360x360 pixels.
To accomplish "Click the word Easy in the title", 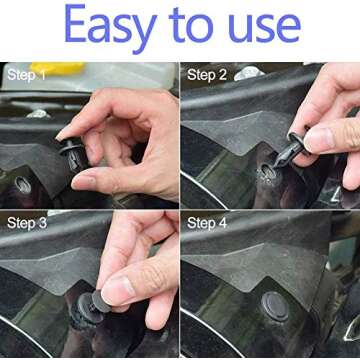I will point(109,29).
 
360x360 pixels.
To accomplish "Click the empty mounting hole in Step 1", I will point(21,186).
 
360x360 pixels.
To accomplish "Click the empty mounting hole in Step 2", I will point(269,171).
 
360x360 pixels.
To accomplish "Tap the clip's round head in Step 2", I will point(297,140).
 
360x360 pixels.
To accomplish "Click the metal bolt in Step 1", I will point(38,113).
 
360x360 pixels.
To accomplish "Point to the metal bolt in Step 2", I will point(249,72).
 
